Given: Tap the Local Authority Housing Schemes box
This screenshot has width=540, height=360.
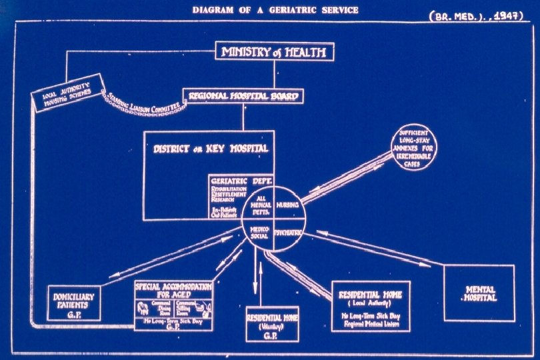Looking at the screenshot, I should pyautogui.click(x=67, y=94).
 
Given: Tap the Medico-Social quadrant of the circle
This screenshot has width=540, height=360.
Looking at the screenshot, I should pyautogui.click(x=259, y=233).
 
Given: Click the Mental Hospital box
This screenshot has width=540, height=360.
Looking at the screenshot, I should pyautogui.click(x=479, y=293).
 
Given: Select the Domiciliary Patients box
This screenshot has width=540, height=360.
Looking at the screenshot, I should pyautogui.click(x=74, y=302).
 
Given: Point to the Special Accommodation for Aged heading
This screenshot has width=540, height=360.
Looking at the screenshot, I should pyautogui.click(x=173, y=290).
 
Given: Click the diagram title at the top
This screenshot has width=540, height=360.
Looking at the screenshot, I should pyautogui.click(x=275, y=10).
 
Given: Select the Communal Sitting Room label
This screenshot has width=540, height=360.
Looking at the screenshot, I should pyautogui.click(x=189, y=308).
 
